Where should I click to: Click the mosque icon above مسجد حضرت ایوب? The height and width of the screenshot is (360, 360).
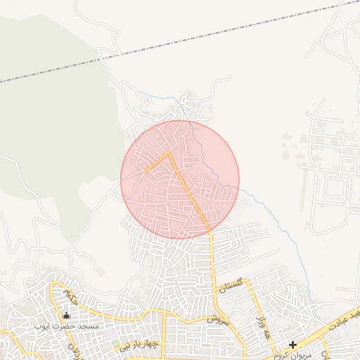67,316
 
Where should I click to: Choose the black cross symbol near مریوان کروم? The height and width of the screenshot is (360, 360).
292,345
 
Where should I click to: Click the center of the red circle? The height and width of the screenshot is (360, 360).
180,179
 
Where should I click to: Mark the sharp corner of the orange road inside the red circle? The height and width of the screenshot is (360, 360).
169,153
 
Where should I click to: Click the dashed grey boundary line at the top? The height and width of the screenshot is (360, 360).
176,44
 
